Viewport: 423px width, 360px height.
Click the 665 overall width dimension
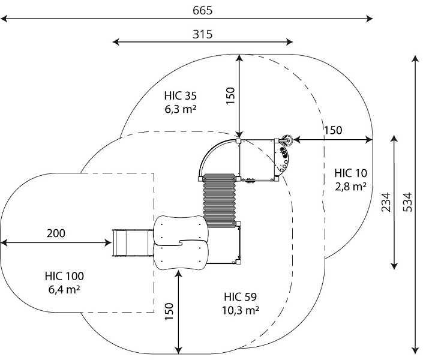coord(203,11)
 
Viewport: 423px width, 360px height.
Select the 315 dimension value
coord(203,34)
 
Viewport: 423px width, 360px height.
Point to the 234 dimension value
coord(386,202)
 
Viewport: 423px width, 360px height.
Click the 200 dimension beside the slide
coord(56,233)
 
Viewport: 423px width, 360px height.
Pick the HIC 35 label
coord(181,96)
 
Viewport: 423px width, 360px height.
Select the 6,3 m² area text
coord(181,109)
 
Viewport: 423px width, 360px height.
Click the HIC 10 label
coord(351,173)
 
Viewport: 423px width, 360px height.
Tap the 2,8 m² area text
coord(351,186)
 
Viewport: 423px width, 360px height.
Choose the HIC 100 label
coord(64,276)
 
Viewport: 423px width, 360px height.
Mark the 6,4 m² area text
coord(64,289)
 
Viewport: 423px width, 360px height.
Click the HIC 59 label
coord(241,297)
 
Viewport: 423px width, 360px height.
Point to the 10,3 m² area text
coord(241,310)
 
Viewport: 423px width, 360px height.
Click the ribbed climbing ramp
coord(219,201)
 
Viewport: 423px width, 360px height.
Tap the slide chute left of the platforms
coord(133,243)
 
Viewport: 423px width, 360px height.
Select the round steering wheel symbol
coord(287,140)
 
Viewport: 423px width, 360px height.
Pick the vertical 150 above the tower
coord(230,96)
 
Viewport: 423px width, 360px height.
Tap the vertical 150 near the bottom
coord(169,311)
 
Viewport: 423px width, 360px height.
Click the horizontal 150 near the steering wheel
coord(333,130)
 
